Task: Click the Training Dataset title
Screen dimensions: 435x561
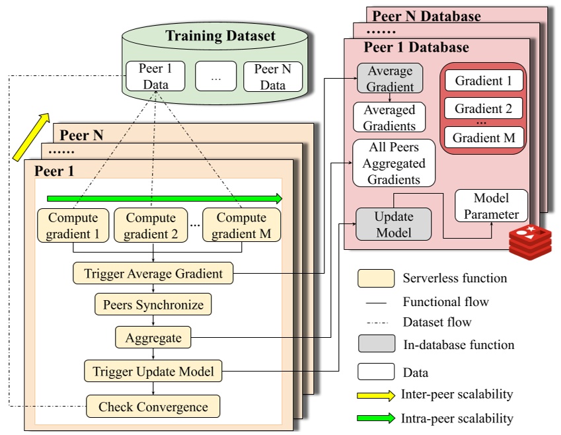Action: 220,36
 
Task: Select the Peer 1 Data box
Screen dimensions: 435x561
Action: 155,77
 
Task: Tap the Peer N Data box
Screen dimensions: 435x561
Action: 273,77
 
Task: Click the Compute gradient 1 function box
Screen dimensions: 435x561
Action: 73,225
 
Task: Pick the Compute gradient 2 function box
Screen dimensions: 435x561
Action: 151,225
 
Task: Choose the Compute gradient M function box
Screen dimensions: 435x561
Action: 241,225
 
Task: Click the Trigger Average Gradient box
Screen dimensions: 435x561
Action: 153,273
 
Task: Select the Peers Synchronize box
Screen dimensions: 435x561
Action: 153,305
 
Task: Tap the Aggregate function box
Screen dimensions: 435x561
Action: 153,338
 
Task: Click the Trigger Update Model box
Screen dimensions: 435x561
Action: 153,372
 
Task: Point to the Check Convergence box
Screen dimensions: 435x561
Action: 153,407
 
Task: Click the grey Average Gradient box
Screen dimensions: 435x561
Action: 390,79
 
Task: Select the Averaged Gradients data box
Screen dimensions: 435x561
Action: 389,117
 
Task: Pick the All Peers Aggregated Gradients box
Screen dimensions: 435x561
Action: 394,163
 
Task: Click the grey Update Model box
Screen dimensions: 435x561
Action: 393,224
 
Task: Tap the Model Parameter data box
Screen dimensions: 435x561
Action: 492,206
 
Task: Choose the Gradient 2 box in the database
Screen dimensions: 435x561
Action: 484,108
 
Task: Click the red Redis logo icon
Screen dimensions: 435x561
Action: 529,241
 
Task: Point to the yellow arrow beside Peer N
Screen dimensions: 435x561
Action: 31,137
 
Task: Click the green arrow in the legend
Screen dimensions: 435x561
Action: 377,418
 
